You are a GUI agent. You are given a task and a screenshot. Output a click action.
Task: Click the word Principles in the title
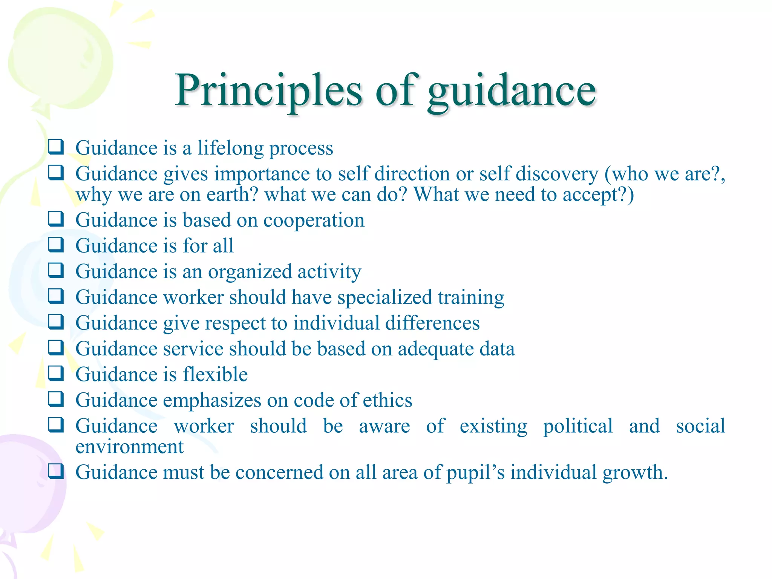(x=268, y=90)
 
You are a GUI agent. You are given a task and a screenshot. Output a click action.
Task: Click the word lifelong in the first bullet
(x=230, y=148)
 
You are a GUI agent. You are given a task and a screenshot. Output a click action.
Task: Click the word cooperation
(x=314, y=221)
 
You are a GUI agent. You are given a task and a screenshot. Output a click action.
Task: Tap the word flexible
(x=215, y=375)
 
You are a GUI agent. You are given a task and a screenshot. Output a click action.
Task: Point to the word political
(x=577, y=426)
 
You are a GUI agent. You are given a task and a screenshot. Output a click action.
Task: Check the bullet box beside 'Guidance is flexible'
(x=56, y=373)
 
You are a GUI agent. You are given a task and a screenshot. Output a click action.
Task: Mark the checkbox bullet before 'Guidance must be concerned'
(x=56, y=471)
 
